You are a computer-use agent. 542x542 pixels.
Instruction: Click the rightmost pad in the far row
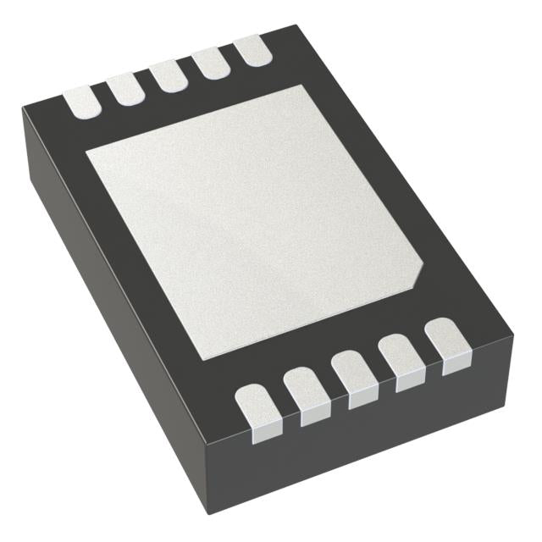point(252,50)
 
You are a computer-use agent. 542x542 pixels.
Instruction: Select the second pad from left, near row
point(302,388)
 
